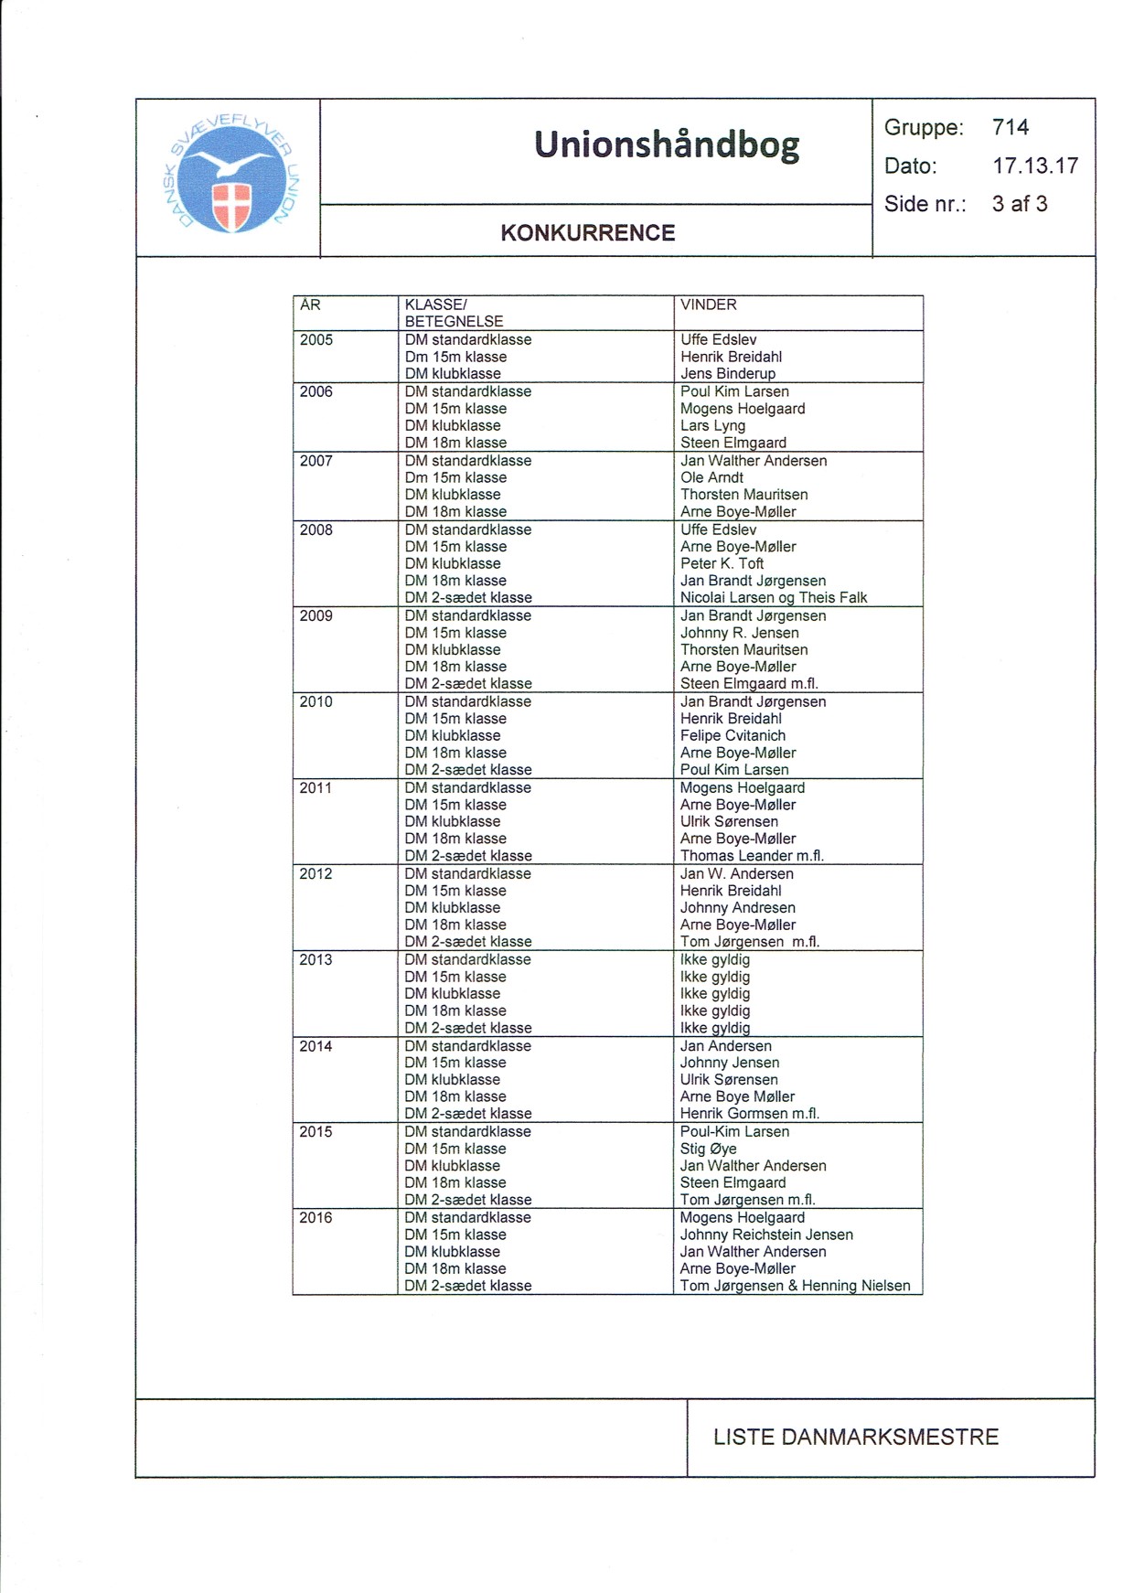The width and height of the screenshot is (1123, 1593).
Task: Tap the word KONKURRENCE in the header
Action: (x=587, y=233)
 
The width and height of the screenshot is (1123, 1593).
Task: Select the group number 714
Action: (x=1011, y=127)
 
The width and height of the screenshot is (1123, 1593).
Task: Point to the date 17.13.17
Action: (x=1035, y=166)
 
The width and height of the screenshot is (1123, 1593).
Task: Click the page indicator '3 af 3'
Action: (x=1020, y=204)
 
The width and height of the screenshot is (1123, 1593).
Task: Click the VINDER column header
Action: (x=708, y=305)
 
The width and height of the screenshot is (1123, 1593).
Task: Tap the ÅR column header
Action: (x=310, y=305)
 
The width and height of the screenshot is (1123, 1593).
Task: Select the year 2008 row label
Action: (x=316, y=529)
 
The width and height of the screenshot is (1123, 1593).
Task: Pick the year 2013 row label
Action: (x=316, y=959)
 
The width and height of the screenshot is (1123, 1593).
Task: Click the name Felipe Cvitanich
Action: (x=733, y=735)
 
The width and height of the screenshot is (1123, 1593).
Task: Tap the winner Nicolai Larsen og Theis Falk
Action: (x=774, y=597)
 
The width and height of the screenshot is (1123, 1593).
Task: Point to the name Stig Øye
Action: (x=708, y=1149)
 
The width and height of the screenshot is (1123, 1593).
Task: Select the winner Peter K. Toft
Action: (x=722, y=563)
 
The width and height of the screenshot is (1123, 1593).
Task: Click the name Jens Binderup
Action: (x=728, y=373)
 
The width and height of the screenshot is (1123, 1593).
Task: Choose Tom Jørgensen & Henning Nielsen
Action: (x=795, y=1286)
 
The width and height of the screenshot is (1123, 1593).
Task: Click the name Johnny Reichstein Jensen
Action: (x=766, y=1235)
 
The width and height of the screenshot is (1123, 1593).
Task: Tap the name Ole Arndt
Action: (x=711, y=477)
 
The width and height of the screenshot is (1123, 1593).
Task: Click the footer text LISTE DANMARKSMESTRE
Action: (x=855, y=1437)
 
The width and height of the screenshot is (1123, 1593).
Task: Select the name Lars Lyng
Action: (x=712, y=425)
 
